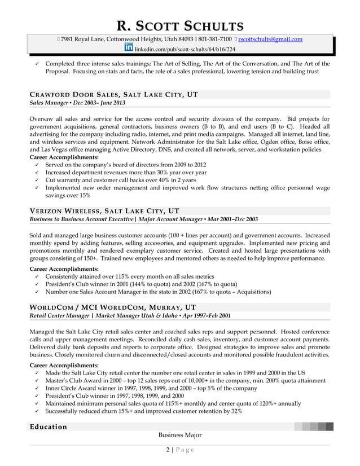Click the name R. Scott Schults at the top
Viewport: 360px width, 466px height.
pyautogui.click(x=180, y=25)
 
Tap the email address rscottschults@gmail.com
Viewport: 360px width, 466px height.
pyautogui.click(x=270, y=39)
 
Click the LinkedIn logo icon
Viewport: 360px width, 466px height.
pyautogui.click(x=128, y=49)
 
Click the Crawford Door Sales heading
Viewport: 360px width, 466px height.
pyautogui.click(x=113, y=94)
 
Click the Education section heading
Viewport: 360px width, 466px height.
pyautogui.click(x=49, y=427)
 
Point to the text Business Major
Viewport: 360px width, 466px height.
pyautogui.click(x=180, y=435)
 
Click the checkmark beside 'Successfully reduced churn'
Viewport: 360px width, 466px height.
pyautogui.click(x=37, y=411)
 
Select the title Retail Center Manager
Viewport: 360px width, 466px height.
pyautogui.click(x=59, y=315)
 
